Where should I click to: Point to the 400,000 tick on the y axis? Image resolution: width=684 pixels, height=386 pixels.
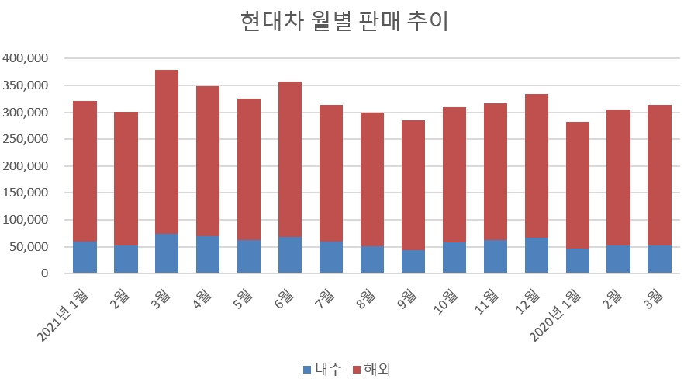[26, 58]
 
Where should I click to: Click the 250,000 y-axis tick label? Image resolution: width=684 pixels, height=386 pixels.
[26, 139]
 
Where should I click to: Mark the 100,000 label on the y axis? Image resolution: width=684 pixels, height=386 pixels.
[26, 220]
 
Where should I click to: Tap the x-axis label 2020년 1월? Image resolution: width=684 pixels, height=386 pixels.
[558, 315]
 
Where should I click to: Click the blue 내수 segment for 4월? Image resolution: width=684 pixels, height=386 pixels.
[208, 255]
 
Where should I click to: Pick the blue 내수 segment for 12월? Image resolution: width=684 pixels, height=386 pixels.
[537, 256]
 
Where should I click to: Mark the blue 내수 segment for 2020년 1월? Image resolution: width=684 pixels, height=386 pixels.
[578, 261]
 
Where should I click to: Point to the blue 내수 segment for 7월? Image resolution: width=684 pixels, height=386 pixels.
[331, 257]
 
